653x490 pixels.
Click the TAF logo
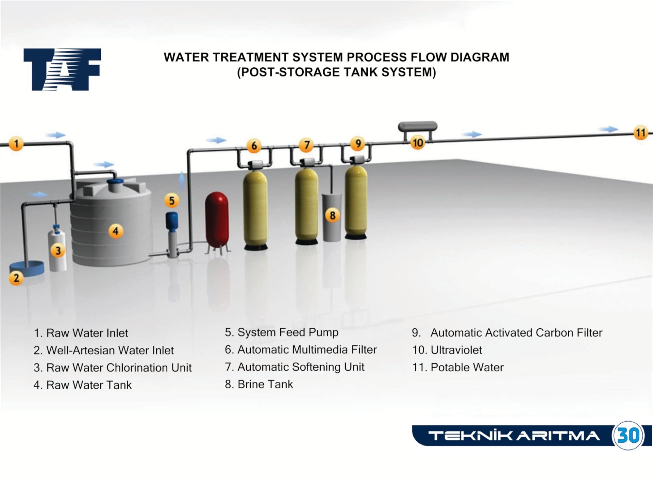point(62,69)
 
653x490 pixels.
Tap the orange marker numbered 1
point(16,143)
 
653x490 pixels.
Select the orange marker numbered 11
point(640,132)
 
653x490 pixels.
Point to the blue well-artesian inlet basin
point(27,267)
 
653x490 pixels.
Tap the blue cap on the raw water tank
point(115,185)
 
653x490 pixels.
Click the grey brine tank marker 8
point(332,215)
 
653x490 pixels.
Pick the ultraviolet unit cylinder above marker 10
point(418,126)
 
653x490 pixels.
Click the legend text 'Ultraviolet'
point(456,350)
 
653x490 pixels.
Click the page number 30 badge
point(628,435)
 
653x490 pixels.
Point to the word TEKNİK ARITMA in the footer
point(514,436)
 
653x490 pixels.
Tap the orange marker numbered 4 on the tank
point(116,231)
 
